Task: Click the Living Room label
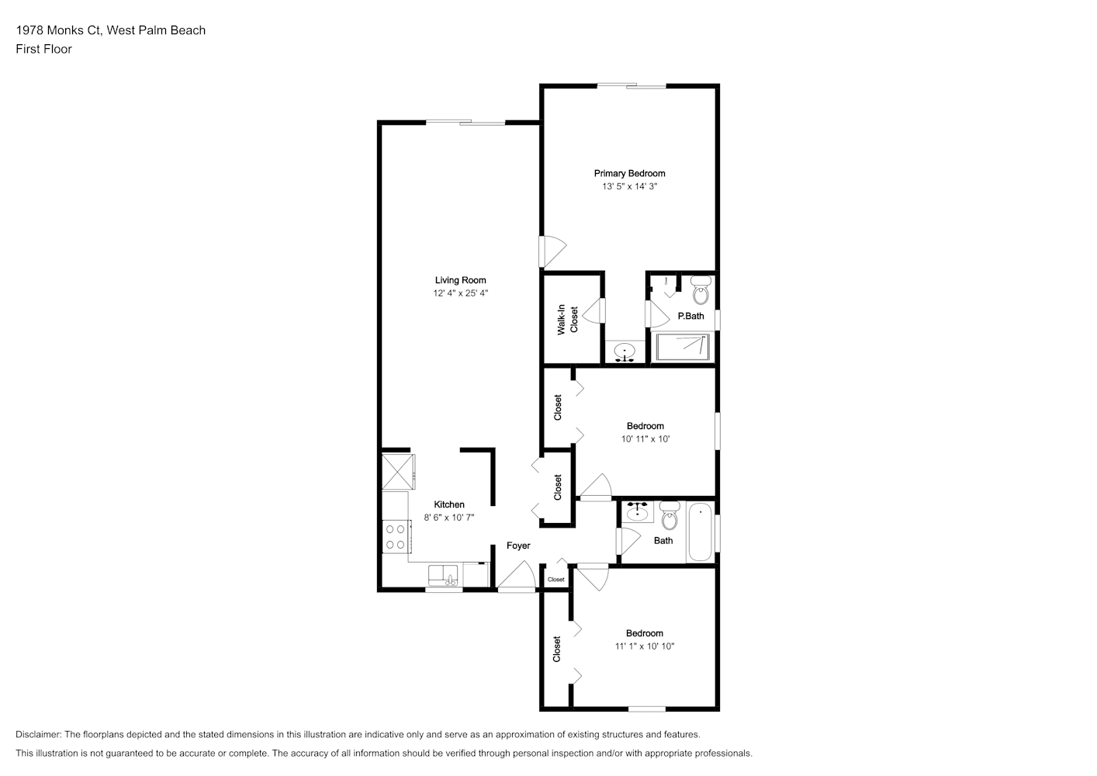(x=460, y=280)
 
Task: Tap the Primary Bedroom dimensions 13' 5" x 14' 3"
(x=629, y=186)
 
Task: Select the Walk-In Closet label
(x=568, y=320)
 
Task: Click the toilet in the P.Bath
(x=701, y=290)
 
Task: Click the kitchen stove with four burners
(x=396, y=536)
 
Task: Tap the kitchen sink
(x=443, y=576)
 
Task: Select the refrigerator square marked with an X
(x=398, y=472)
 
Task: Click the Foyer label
(x=518, y=546)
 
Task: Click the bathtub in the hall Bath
(x=701, y=532)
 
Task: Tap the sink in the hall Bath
(x=638, y=512)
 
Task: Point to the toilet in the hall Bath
(x=670, y=515)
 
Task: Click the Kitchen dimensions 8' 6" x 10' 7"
(x=449, y=518)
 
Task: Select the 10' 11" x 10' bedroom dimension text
(x=645, y=439)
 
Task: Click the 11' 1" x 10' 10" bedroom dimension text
(x=645, y=646)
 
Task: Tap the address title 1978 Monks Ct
(x=58, y=30)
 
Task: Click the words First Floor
(x=43, y=49)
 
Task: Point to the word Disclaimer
(x=39, y=734)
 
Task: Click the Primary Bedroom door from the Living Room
(x=552, y=251)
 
